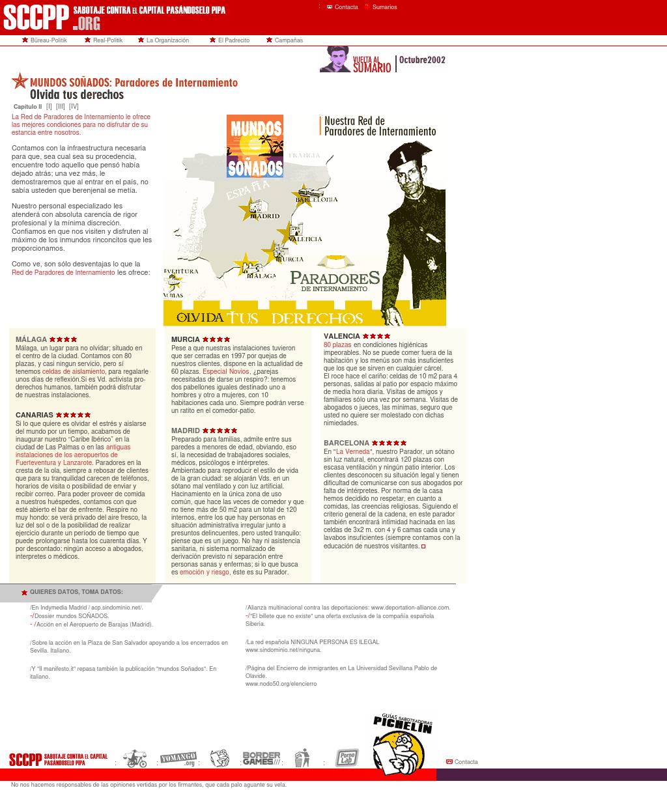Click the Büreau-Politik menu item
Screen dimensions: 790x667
click(x=48, y=40)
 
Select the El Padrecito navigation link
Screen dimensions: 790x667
click(x=233, y=40)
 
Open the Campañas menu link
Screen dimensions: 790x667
click(x=289, y=40)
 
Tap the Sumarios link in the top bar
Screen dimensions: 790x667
click(x=384, y=7)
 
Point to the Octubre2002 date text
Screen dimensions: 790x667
click(x=422, y=60)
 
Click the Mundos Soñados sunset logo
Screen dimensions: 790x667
click(x=255, y=146)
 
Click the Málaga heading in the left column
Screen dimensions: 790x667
click(x=31, y=339)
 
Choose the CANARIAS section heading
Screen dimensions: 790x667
click(x=35, y=415)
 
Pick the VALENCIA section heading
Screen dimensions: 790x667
click(x=342, y=336)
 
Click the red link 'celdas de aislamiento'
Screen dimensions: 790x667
click(x=74, y=372)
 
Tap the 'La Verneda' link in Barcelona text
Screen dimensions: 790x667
click(x=353, y=452)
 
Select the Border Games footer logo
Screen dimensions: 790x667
click(x=261, y=759)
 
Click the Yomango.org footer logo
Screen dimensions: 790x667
click(x=178, y=759)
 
